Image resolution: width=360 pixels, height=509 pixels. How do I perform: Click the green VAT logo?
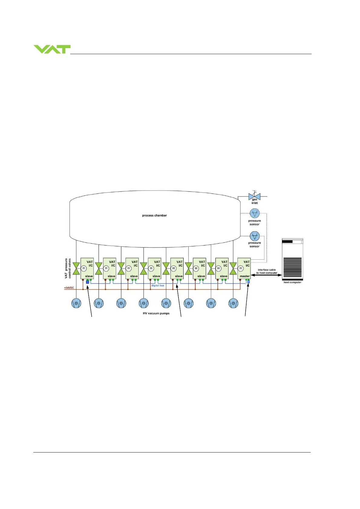coord(52,49)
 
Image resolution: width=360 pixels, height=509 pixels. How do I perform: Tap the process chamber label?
coord(154,216)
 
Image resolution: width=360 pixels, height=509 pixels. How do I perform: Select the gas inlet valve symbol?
coord(254,196)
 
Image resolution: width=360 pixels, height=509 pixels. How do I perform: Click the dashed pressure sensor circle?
coord(255,213)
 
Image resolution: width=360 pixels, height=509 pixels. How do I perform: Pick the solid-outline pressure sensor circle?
coord(255,236)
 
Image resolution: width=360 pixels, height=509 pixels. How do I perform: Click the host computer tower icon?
coord(293,259)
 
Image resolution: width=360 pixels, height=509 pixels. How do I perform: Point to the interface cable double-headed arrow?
coord(267,275)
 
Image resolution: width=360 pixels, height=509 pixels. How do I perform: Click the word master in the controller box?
coord(245,276)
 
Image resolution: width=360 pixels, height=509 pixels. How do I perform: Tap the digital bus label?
coord(158,285)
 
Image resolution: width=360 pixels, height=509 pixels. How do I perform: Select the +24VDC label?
coord(69,288)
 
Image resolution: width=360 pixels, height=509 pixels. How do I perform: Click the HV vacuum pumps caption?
coord(156,313)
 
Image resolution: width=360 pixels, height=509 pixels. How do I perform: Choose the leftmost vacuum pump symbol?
coord(76,303)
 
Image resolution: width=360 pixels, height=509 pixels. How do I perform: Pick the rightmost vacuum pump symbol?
coord(233,303)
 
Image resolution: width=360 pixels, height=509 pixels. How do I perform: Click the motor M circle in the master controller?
coord(241,268)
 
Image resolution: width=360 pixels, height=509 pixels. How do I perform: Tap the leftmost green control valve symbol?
coord(76,268)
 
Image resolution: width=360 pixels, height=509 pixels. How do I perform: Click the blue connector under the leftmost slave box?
coord(87,282)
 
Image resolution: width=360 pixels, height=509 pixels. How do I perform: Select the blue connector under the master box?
coord(249,282)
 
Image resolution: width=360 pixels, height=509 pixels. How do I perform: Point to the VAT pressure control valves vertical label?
coord(68,268)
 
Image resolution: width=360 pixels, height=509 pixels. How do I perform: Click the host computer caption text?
coord(292,282)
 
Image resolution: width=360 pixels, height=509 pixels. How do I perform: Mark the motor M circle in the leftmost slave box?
coord(84,268)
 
